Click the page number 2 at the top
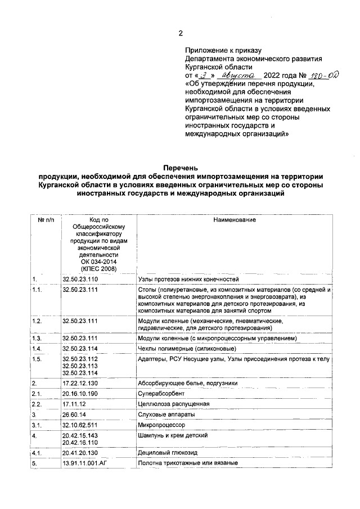click(180, 33)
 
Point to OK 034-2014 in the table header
click(92, 262)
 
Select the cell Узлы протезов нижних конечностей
click(188, 279)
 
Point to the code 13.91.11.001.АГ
click(85, 463)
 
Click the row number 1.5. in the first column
click(38, 359)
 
